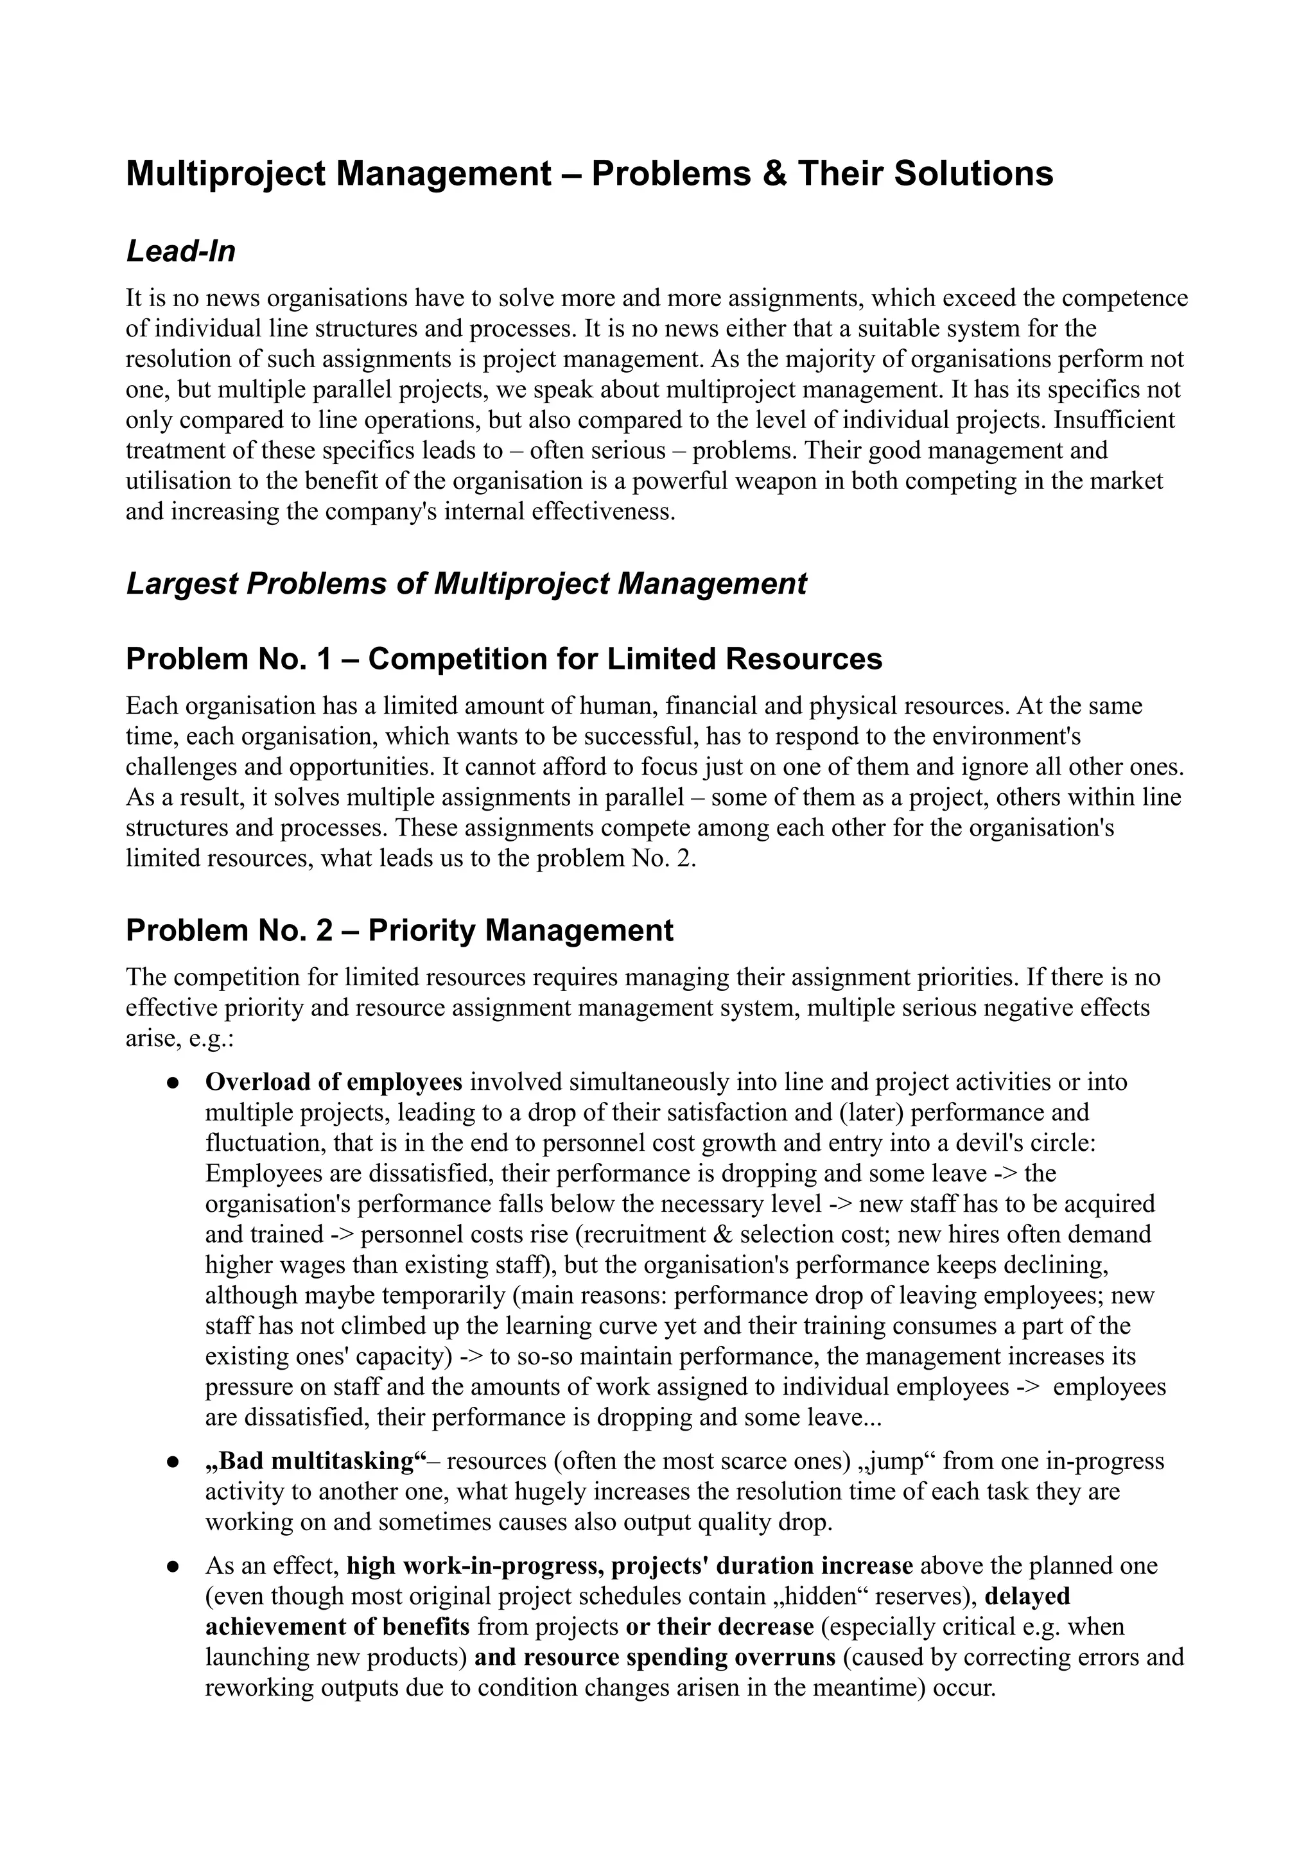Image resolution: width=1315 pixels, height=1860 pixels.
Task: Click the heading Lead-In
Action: pyautogui.click(x=180, y=252)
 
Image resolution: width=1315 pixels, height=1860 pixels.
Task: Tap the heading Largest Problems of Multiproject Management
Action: pyautogui.click(x=466, y=584)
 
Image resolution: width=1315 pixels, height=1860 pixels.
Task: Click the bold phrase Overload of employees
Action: pyautogui.click(x=334, y=1082)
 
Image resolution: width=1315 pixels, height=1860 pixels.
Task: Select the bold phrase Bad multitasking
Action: pyautogui.click(x=316, y=1461)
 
